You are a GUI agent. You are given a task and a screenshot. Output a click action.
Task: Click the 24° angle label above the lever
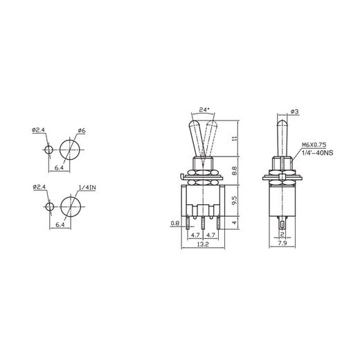[x=204, y=109]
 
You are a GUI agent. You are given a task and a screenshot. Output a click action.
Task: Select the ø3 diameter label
[x=295, y=112]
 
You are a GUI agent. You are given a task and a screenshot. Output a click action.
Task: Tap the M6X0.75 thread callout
[x=315, y=146]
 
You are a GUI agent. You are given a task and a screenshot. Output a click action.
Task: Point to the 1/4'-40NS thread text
[x=316, y=154]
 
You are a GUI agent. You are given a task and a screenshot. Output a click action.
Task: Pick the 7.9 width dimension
[x=283, y=244]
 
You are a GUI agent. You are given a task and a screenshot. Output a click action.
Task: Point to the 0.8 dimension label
[x=174, y=223]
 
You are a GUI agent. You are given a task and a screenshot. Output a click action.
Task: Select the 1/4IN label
[x=87, y=188]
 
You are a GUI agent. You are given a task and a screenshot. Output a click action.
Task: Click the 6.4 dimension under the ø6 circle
[x=60, y=168]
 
